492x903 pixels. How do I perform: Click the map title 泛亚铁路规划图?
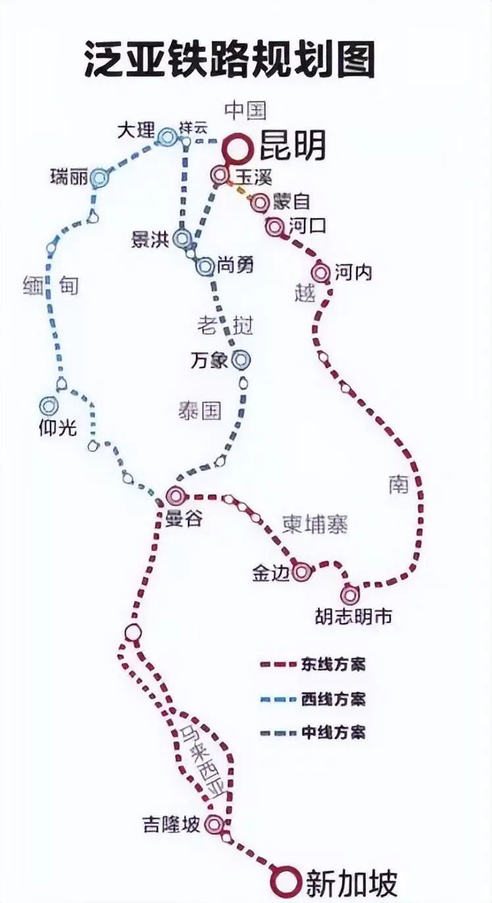point(229,60)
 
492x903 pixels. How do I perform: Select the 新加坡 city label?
point(351,883)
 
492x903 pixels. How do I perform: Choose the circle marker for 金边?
point(301,572)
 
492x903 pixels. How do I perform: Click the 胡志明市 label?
point(353,616)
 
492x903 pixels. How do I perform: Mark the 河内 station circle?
point(321,271)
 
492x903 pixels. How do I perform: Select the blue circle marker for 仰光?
point(49,406)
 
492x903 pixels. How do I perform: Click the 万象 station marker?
point(241,359)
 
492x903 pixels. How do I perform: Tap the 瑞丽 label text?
point(68,176)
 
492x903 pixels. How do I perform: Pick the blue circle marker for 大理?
point(167,137)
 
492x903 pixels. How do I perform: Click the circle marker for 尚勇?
point(205,266)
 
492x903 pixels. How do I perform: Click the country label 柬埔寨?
point(315,524)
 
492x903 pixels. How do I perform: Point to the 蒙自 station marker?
point(260,203)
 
